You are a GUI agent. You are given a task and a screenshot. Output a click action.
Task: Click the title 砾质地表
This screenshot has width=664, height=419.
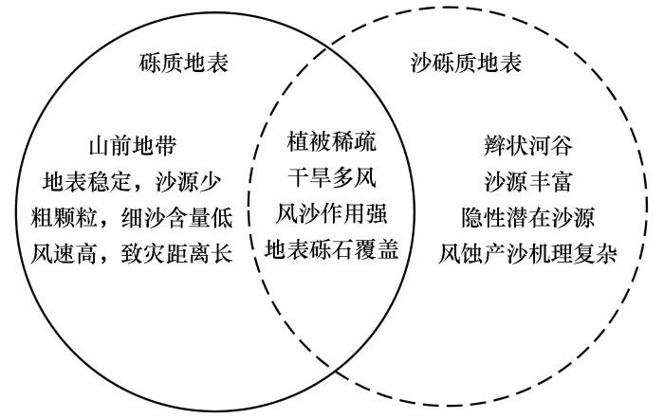click(x=183, y=64)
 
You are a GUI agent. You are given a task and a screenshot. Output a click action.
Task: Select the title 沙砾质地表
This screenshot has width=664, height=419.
click(x=466, y=64)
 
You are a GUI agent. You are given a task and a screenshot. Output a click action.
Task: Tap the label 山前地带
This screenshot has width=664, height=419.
click(x=133, y=146)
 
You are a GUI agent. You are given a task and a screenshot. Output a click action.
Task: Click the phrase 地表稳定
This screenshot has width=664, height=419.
click(x=86, y=182)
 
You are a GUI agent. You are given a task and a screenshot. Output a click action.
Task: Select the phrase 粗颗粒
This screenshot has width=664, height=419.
click(x=64, y=218)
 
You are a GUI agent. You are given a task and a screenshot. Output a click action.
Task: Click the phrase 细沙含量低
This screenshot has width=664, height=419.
click(x=177, y=218)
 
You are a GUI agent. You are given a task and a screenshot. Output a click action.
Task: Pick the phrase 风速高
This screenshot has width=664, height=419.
click(x=64, y=254)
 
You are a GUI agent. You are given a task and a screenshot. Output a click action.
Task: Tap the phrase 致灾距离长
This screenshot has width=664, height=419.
click(x=177, y=254)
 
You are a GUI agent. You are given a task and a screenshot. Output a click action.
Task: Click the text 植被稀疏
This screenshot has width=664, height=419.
click(x=331, y=141)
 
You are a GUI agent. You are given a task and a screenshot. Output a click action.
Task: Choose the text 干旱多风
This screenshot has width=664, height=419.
click(x=331, y=177)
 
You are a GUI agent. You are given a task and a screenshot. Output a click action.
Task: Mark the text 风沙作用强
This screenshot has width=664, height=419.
click(x=331, y=213)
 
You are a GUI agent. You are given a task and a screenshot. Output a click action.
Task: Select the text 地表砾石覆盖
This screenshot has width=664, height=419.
click(x=331, y=249)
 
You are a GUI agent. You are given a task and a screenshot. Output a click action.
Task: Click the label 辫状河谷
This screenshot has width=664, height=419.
click(x=528, y=146)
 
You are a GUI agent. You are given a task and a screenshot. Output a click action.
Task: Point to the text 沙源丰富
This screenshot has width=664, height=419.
click(x=528, y=182)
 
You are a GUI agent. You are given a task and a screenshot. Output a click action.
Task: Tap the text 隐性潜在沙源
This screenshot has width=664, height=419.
click(x=528, y=218)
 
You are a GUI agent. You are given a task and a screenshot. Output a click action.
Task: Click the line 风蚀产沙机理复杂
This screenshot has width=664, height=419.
click(x=528, y=254)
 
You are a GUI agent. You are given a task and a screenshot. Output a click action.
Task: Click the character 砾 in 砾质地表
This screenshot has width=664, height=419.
click(x=150, y=64)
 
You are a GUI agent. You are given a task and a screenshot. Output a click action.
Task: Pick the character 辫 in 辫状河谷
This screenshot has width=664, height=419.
click(x=494, y=146)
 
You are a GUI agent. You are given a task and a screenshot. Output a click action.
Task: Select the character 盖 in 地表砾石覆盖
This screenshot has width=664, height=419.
click(x=387, y=249)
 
